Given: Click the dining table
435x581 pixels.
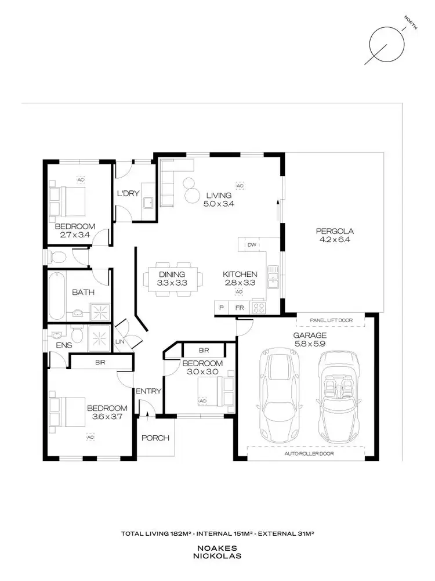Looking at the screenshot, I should [171, 279].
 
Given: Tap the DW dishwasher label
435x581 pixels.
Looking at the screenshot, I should [252, 245].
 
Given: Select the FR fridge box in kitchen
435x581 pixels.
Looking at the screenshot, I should [240, 308].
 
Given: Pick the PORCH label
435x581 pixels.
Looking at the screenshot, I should [155, 438].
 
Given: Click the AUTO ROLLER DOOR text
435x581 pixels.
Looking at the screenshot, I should [309, 453].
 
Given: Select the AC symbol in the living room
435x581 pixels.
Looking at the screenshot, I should [239, 186].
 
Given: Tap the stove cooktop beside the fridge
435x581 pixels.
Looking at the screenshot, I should [259, 308].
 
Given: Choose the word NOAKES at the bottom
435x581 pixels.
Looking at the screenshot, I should [217, 548].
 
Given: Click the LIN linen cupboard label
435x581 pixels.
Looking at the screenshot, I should [121, 342].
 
